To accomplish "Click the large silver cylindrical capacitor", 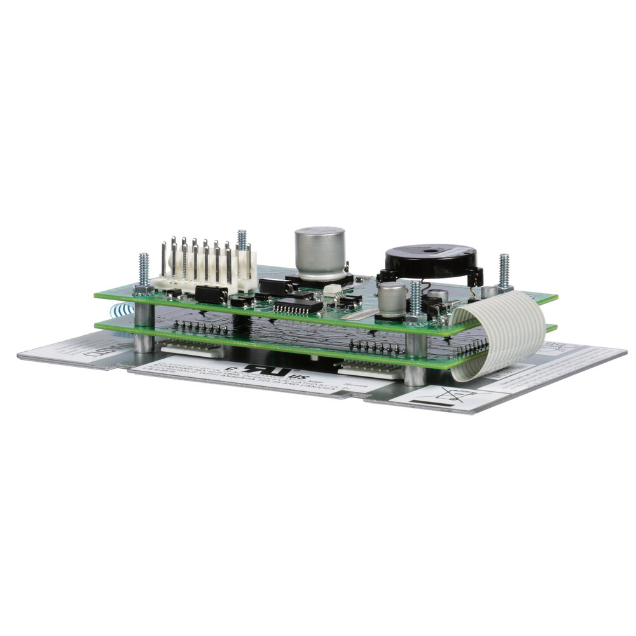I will (320, 252).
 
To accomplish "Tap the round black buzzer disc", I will (431, 261).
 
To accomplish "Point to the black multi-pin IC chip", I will (298, 307).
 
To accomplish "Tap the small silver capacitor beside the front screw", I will (392, 300).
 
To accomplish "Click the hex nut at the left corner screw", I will (143, 290).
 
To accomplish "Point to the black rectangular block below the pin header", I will (211, 294).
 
